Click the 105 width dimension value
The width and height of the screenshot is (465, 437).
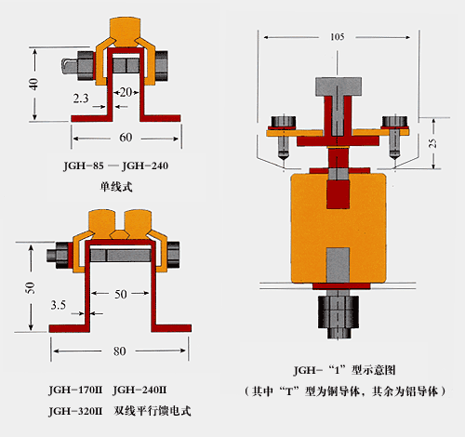(x=338, y=37)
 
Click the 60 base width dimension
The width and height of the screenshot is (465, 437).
(x=126, y=138)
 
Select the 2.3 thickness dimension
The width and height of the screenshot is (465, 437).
(x=81, y=99)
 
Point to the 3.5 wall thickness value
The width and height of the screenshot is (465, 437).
(x=59, y=305)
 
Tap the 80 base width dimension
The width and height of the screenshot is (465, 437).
(x=119, y=351)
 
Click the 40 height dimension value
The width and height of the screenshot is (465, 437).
(x=33, y=84)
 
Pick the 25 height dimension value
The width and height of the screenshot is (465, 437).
(x=432, y=142)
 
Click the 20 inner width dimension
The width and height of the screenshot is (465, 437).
(x=126, y=92)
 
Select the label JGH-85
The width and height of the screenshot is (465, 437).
(x=84, y=166)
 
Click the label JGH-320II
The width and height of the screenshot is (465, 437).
(x=75, y=411)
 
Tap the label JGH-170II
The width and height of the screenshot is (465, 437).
(x=75, y=390)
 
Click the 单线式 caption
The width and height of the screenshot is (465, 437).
(x=116, y=187)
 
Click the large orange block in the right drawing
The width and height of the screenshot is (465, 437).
(x=339, y=229)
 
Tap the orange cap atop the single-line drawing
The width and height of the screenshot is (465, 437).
(x=126, y=31)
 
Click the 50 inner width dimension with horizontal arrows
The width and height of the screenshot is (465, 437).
(x=121, y=294)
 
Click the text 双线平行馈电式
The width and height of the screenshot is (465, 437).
(x=153, y=411)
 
